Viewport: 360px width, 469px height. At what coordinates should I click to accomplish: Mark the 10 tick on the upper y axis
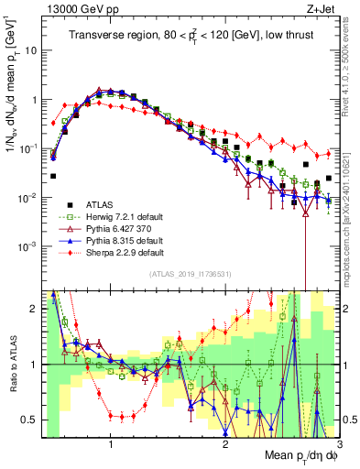pos(32,50)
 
